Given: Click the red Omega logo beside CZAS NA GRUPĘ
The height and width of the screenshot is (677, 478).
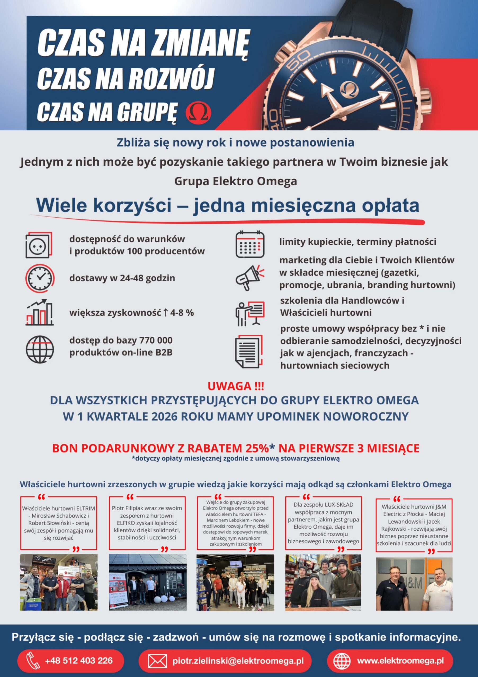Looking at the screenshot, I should pyautogui.click(x=199, y=111).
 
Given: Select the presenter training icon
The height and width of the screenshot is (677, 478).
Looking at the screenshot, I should pyautogui.click(x=250, y=313).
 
